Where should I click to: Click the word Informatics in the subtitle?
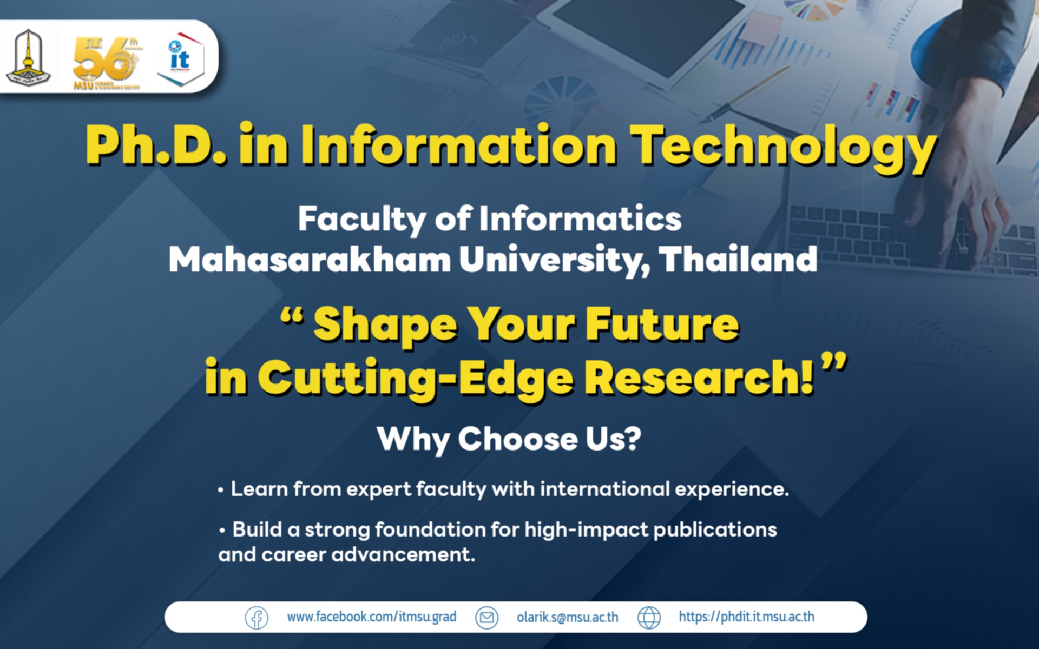580,219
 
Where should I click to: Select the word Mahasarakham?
310,260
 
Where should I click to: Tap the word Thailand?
738,259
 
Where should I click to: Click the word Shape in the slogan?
385,325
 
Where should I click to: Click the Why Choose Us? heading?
509,439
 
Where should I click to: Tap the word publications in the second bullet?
715,529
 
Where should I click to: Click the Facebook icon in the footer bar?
257,617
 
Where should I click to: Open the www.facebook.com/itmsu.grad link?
371,617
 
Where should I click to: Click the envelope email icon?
486,617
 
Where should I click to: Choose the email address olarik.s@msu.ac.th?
567,617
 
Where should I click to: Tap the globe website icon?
649,617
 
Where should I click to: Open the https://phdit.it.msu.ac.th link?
746,617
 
